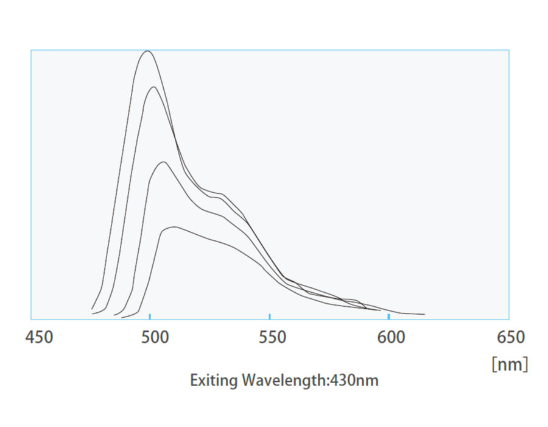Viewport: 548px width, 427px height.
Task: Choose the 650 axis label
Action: click(510, 337)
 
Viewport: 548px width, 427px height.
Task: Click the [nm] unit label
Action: click(510, 364)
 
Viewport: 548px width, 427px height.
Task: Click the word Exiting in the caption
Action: click(214, 381)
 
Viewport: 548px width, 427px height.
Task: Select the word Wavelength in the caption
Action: click(284, 381)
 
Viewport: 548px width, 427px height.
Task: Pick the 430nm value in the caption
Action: click(356, 381)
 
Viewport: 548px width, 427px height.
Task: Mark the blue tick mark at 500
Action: click(150, 316)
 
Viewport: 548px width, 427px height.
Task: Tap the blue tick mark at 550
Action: click(269, 316)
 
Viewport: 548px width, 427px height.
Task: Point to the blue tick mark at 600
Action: click(388, 316)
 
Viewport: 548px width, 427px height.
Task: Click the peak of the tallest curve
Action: click(147, 51)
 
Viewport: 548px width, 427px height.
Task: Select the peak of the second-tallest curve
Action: click(155, 87)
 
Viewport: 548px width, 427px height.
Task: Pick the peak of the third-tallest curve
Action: click(163, 162)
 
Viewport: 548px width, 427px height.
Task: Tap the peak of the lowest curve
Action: click(174, 227)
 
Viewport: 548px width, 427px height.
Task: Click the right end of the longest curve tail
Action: click(424, 314)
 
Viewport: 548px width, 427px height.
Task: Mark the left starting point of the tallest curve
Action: click(92, 309)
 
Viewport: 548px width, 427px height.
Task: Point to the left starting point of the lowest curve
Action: click(122, 317)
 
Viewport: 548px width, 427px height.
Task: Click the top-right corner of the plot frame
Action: click(508, 50)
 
